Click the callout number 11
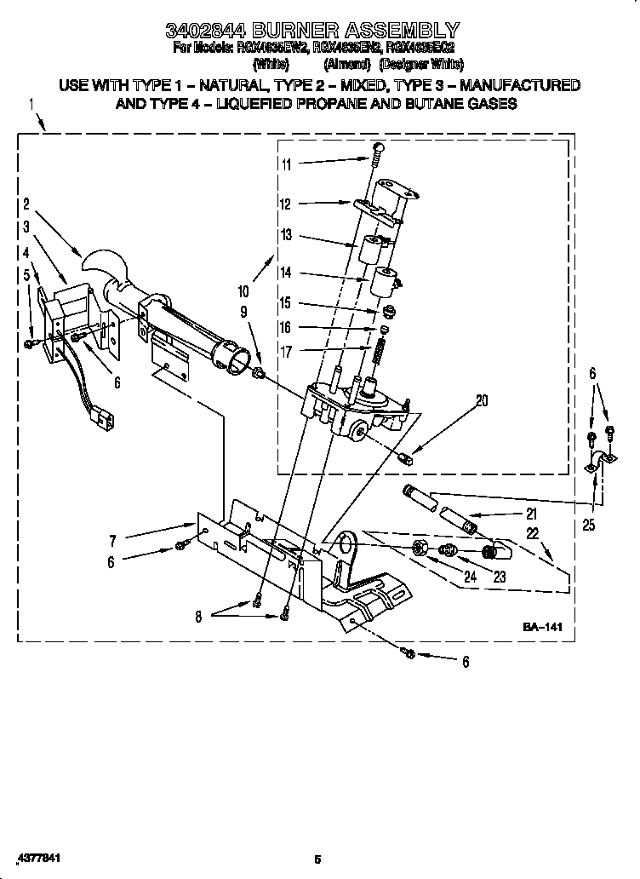286,165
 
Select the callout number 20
482,401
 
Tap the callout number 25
589,526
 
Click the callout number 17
286,350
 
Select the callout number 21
531,513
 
